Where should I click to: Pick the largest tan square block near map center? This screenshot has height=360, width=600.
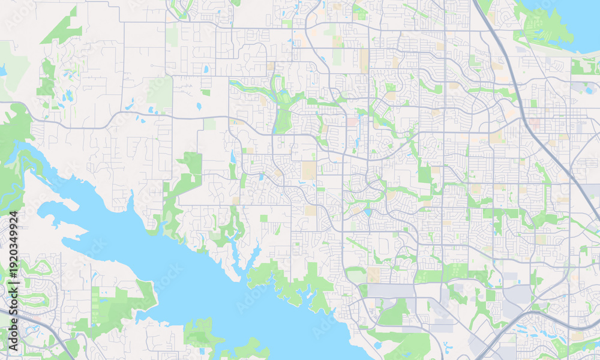[309, 170]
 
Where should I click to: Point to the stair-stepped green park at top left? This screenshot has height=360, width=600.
[63, 30]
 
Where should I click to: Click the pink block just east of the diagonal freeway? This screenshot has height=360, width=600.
[534, 123]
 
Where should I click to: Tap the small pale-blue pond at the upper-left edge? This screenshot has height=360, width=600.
[3, 70]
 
